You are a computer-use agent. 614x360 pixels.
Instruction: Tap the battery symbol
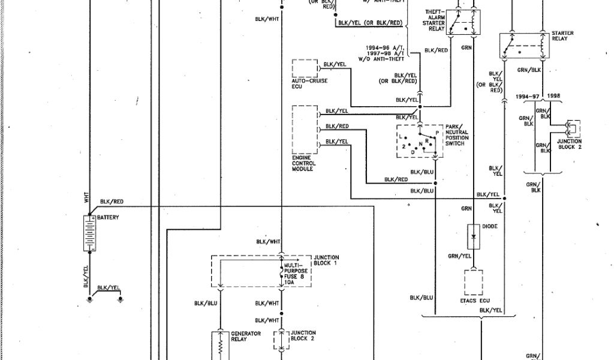point(88,233)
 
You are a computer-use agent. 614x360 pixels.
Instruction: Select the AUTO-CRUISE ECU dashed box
point(305,68)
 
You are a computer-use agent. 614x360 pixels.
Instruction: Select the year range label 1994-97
point(527,96)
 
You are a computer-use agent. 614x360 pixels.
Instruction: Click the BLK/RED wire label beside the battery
point(112,202)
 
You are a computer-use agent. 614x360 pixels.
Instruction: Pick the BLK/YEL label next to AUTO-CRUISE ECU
point(335,64)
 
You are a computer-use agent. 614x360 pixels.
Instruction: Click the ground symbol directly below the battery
point(88,298)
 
